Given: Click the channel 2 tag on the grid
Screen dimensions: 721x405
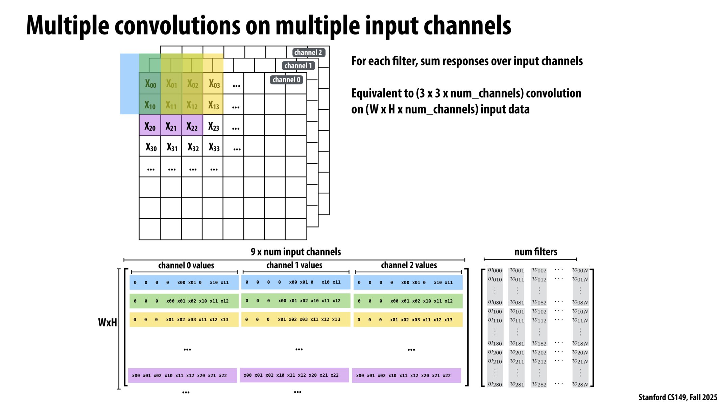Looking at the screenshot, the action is (308, 53).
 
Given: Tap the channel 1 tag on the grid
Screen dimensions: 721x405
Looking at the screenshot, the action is (298, 65).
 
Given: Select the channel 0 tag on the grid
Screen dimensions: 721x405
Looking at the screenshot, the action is (286, 80).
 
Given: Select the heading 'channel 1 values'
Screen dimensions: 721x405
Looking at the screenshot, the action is (294, 265).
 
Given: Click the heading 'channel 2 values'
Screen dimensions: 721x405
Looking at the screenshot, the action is (409, 265).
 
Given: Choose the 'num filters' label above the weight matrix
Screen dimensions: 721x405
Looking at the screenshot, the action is (536, 252).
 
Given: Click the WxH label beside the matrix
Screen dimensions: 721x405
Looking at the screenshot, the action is (107, 323).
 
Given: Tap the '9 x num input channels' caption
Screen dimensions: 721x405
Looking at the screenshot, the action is (296, 252).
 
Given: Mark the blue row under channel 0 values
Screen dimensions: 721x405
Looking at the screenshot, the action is (184, 282).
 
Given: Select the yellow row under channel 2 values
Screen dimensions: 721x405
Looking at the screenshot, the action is (408, 320).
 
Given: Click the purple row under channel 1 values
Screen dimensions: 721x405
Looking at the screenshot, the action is (294, 375).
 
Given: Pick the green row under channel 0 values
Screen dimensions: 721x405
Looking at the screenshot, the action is (184, 301).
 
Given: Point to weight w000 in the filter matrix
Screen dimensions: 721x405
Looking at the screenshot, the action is (495, 270).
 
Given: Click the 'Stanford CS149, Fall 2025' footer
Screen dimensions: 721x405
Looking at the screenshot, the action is (678, 397).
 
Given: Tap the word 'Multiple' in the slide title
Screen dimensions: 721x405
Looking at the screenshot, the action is (68, 26).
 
